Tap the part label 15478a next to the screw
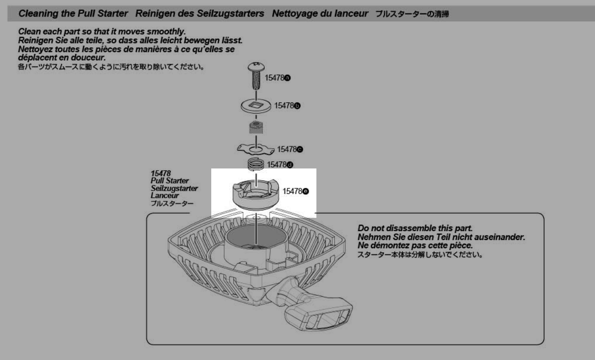point(278,78)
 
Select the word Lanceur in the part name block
point(161,195)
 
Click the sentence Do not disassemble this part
point(415,228)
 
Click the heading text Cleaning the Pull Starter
point(70,14)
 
